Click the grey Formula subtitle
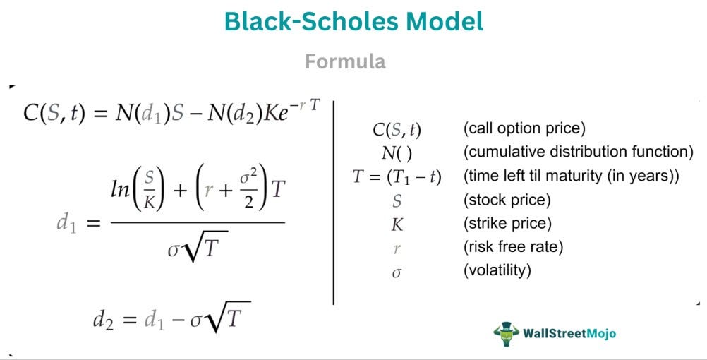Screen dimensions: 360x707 click(345, 61)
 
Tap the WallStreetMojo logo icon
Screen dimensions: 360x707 click(505, 333)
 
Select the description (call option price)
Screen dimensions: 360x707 click(525, 129)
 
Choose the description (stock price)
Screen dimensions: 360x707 click(507, 200)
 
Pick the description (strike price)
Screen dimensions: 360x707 click(507, 223)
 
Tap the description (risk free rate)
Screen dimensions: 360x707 click(513, 246)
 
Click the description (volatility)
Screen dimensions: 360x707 click(497, 270)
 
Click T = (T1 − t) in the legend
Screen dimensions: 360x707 click(397, 176)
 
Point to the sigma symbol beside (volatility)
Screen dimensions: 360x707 click(396, 271)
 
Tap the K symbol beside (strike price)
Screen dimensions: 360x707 click(396, 224)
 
